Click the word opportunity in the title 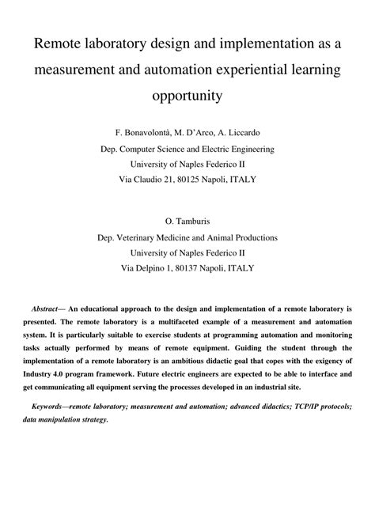point(187,97)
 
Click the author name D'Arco point(193,132)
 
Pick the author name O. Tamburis point(187,221)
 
